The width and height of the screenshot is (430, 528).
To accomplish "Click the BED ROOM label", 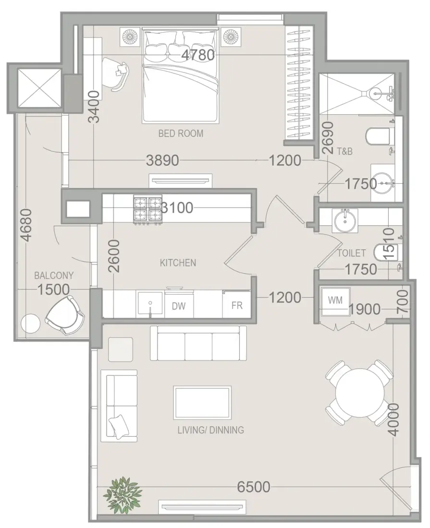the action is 181,134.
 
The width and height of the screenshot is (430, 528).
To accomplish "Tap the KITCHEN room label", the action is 178,263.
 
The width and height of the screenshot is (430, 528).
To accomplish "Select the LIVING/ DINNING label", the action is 210,430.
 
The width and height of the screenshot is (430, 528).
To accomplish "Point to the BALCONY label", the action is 54,276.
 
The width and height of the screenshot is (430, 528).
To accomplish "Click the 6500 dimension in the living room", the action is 253,487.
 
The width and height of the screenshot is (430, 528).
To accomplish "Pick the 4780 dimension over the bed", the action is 198,55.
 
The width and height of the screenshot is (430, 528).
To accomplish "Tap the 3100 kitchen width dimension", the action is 177,208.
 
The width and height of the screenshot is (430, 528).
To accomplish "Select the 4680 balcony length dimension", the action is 26,225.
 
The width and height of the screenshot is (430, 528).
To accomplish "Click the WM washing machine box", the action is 335,301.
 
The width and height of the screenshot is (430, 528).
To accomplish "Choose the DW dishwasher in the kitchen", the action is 179,305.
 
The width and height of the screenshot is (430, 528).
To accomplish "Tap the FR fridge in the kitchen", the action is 237,305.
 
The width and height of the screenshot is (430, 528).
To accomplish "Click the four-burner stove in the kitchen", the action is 147,210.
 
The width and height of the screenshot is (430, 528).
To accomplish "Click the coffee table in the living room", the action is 202,402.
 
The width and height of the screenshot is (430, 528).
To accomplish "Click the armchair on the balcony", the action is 65,315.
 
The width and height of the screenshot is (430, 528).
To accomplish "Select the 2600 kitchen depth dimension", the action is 114,256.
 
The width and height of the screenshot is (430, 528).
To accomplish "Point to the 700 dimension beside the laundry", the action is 403,302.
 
